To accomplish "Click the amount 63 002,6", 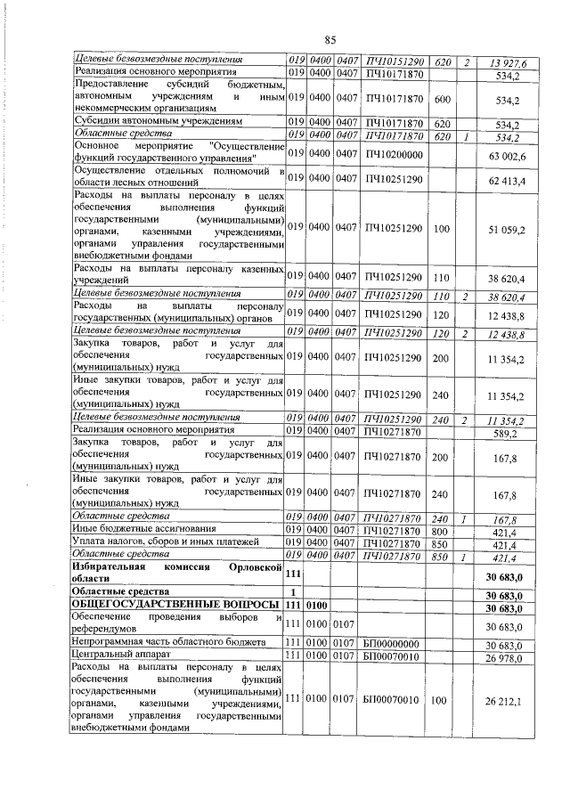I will click(x=507, y=156).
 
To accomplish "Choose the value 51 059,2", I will click(x=507, y=229).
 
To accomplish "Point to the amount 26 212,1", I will click(x=506, y=699).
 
